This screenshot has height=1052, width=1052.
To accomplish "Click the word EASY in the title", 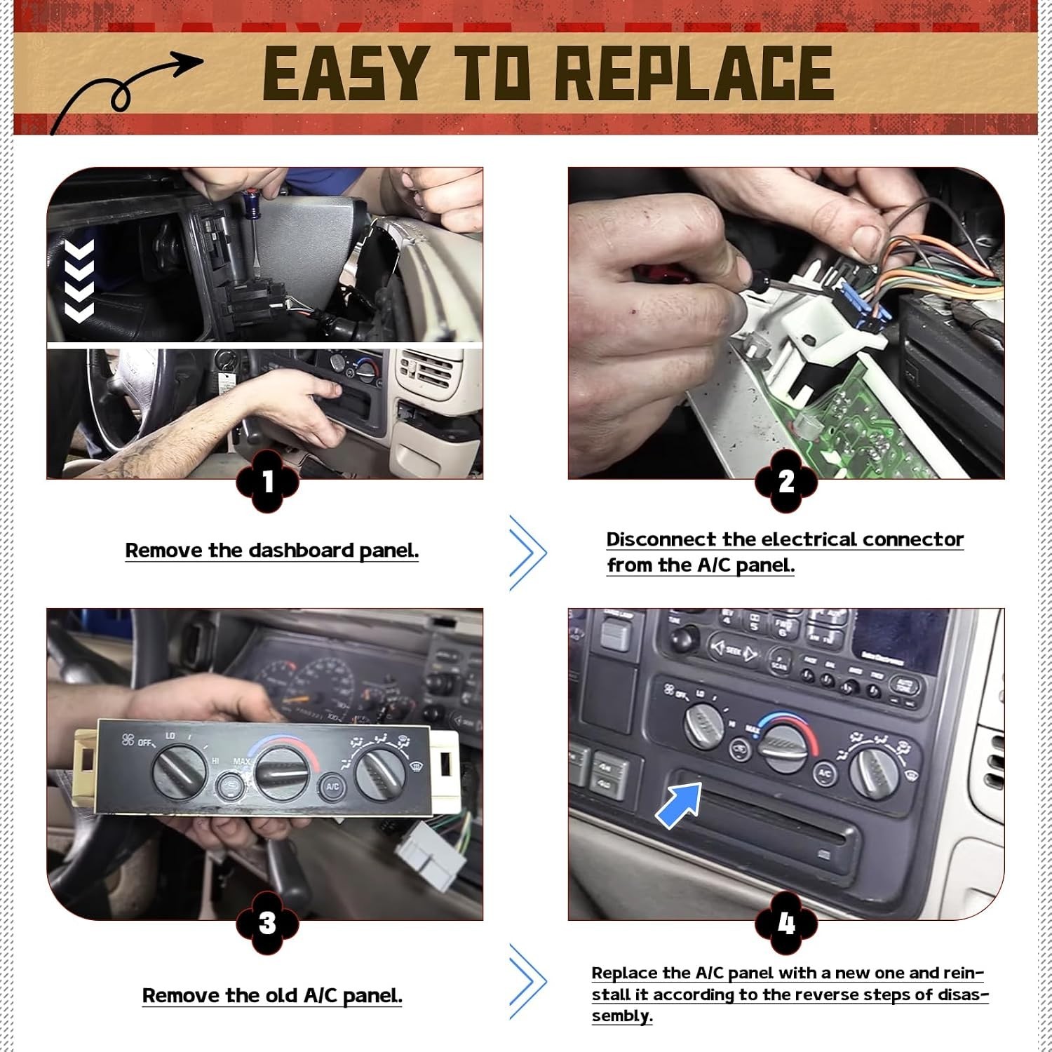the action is click(343, 73).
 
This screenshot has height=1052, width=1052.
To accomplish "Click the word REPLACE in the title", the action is click(694, 73).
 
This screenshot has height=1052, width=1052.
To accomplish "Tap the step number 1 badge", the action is click(267, 482).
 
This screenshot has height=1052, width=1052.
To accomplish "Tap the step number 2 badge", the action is click(786, 482).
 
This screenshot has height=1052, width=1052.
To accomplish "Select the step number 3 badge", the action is click(267, 923).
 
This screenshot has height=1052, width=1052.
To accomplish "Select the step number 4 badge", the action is click(786, 923).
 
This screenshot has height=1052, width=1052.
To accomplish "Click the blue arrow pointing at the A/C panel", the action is click(679, 804).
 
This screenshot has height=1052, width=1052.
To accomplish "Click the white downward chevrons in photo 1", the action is click(79, 281).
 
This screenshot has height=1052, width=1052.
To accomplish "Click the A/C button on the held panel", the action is click(332, 786).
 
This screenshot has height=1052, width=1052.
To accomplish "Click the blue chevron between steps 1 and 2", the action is click(528, 553).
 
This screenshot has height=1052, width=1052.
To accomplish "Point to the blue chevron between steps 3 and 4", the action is click(528, 981).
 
